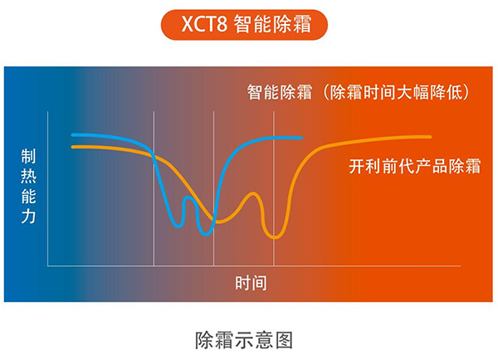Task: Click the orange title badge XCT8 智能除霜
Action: (244, 24)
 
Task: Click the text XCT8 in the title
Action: (204, 24)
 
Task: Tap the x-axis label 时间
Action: (251, 283)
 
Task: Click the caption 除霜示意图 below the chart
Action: (244, 340)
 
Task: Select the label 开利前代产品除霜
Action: (415, 166)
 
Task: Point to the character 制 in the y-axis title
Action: (28, 156)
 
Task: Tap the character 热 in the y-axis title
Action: (28, 176)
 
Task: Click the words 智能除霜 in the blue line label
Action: (280, 92)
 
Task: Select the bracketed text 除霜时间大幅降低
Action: (396, 92)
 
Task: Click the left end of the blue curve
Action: (73, 135)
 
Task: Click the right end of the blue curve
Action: (301, 138)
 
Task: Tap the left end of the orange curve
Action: (73, 147)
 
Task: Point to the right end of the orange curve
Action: (430, 137)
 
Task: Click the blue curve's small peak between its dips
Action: (188, 197)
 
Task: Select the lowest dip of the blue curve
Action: (207, 234)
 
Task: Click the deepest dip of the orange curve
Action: (275, 237)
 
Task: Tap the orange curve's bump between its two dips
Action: (253, 193)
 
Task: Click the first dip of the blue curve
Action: (178, 226)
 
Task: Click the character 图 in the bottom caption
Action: (284, 340)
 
